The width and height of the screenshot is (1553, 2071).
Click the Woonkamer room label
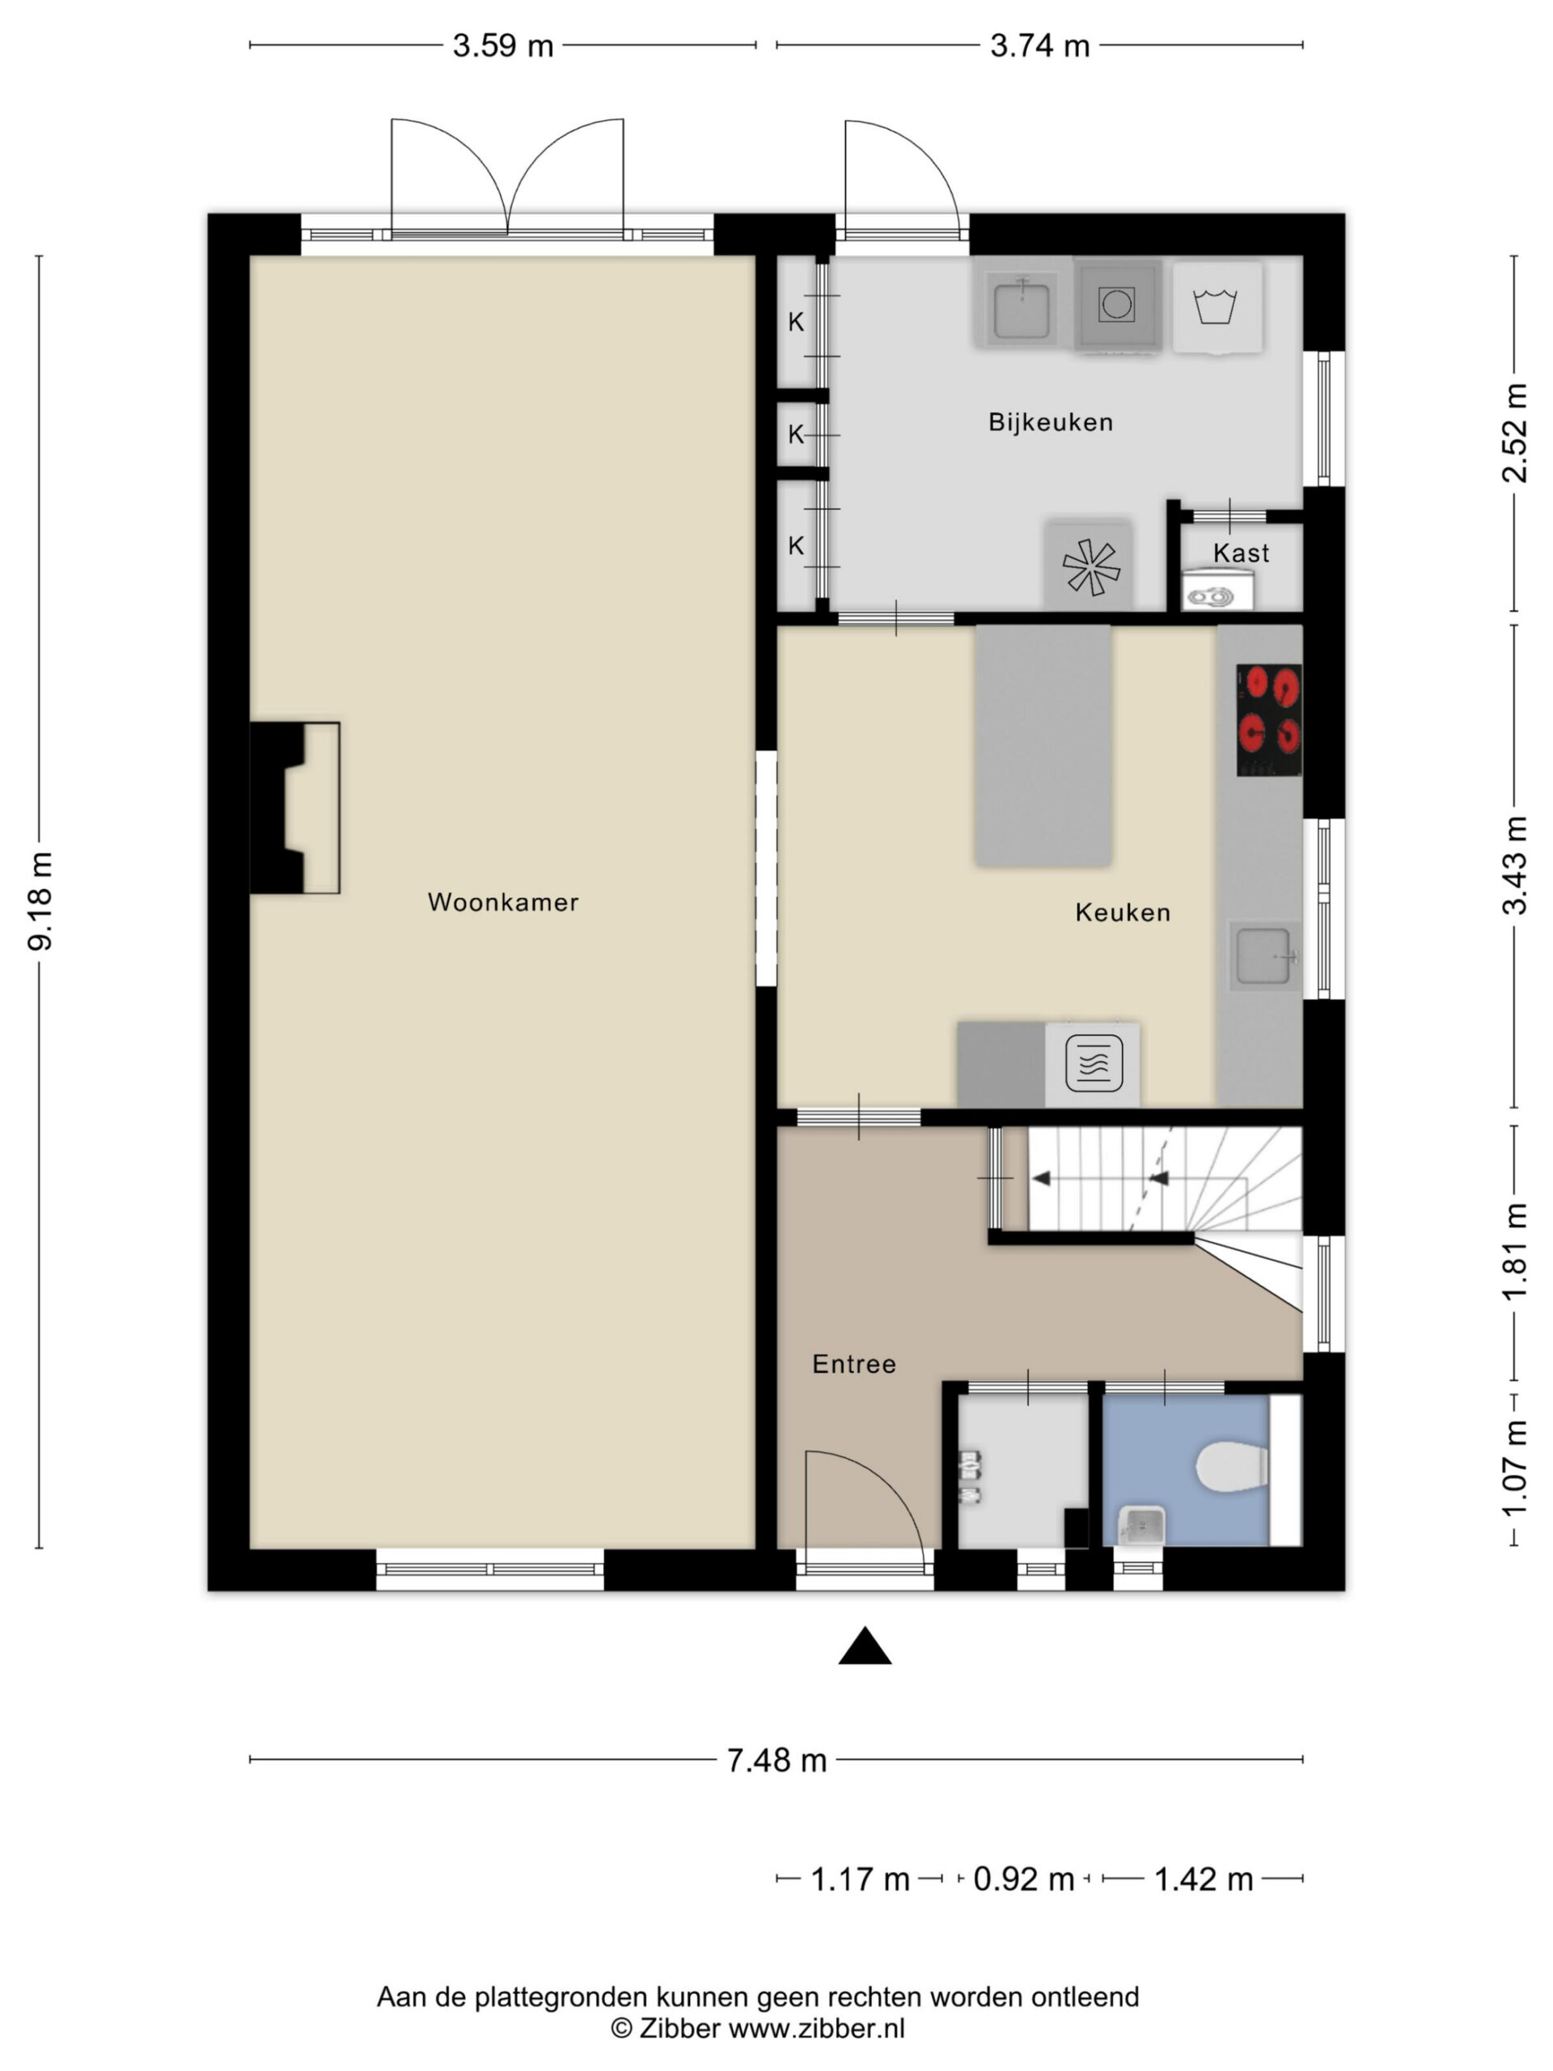[x=502, y=902]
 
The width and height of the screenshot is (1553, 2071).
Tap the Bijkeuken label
[x=1051, y=422]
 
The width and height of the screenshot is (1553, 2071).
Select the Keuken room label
[x=1123, y=912]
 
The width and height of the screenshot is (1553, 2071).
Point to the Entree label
[x=853, y=1364]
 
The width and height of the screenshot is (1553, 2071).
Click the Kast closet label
[x=1242, y=553]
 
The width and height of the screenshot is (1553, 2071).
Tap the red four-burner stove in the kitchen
[x=1268, y=720]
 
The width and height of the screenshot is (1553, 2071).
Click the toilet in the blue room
[x=1232, y=1467]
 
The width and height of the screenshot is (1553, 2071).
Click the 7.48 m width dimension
[x=777, y=1761]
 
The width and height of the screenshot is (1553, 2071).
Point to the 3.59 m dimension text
[x=502, y=46]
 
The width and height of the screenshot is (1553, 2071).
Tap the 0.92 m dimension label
[x=1023, y=1879]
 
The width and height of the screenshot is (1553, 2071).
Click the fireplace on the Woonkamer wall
[x=294, y=807]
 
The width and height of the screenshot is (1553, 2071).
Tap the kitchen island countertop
[x=1043, y=746]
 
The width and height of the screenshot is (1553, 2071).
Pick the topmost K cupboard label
[x=796, y=322]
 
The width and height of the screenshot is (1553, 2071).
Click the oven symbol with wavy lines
[x=1093, y=1064]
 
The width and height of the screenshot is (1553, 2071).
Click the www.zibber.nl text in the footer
[x=816, y=2028]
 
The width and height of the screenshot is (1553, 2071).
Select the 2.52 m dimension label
[x=1513, y=433]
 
